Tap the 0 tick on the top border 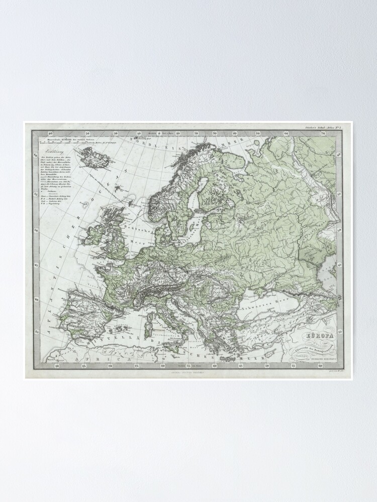pyautogui.click(x=159, y=134)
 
